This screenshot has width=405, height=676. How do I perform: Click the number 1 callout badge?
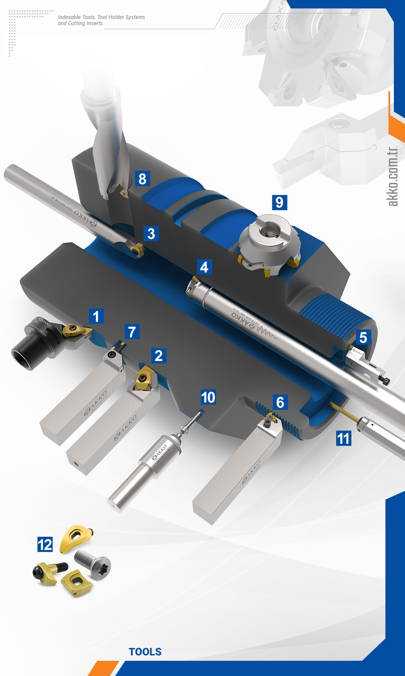(96, 316)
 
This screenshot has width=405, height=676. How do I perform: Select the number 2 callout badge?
(159, 356)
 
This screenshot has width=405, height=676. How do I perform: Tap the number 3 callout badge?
(151, 234)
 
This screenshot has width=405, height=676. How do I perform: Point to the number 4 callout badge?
(204, 267)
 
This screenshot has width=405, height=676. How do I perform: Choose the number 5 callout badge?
(363, 337)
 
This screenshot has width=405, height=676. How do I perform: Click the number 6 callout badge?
(280, 402)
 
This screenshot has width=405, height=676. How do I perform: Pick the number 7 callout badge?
(132, 332)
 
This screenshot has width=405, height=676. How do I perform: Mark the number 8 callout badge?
(142, 178)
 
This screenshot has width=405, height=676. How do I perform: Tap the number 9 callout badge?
(279, 202)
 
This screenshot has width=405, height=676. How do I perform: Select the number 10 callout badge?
(208, 397)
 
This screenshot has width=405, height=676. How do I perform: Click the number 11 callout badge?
(344, 438)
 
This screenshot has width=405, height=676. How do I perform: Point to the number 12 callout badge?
(45, 545)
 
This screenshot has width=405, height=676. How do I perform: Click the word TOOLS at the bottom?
(145, 652)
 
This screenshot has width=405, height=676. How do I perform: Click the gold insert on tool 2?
(144, 378)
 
